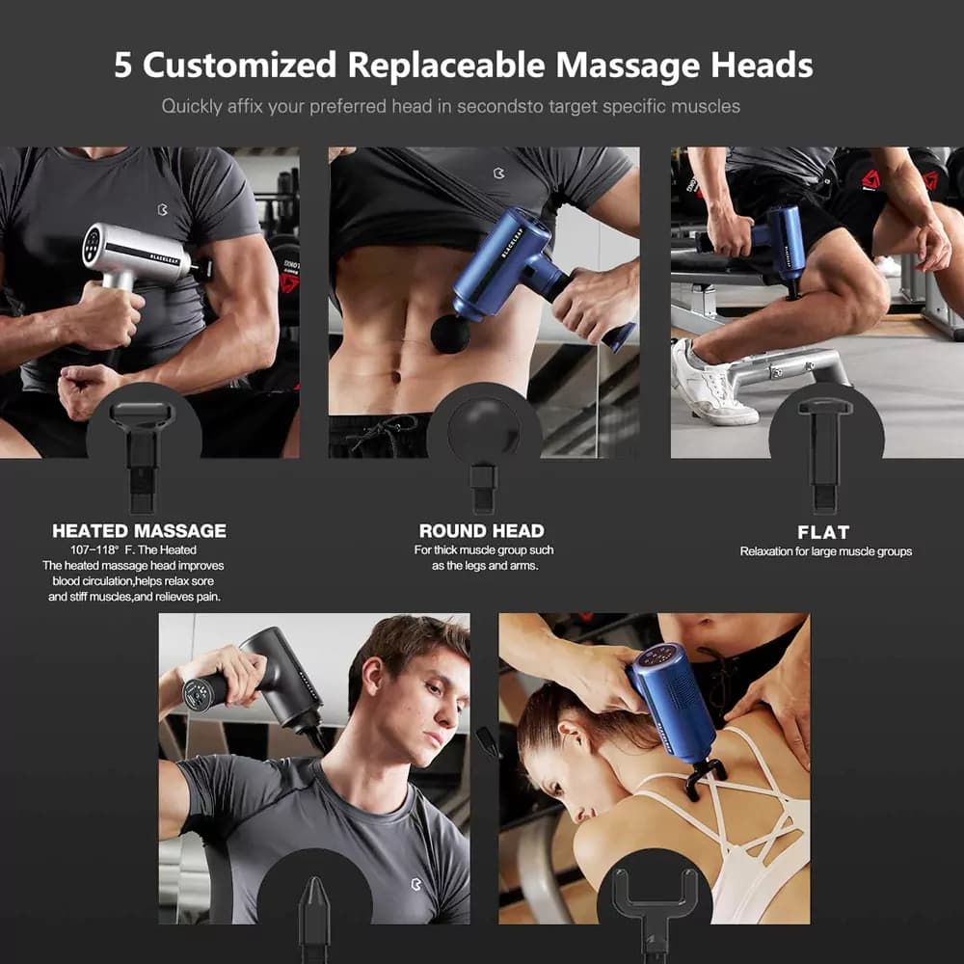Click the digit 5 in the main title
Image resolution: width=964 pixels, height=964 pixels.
(122, 65)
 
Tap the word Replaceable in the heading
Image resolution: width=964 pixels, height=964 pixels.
(446, 66)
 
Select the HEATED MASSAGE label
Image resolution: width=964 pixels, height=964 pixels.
(139, 531)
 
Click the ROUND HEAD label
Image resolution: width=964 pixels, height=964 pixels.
(481, 531)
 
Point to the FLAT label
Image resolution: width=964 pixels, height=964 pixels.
(823, 532)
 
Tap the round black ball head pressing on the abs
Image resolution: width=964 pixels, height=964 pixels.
(449, 334)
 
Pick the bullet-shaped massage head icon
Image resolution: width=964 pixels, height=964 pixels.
(314, 916)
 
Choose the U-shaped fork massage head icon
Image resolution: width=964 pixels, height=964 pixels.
(655, 909)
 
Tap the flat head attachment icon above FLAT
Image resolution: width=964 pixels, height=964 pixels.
(824, 455)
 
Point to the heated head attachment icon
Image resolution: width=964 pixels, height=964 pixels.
(142, 456)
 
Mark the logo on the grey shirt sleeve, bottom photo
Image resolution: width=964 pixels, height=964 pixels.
(416, 885)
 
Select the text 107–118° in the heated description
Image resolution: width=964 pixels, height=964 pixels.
(94, 550)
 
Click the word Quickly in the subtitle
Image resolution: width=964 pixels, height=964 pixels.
(192, 107)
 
